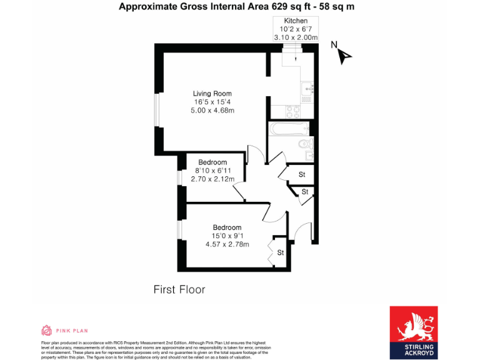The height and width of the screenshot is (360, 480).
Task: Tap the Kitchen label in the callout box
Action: (x=296, y=21)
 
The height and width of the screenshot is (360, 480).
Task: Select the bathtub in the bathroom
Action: (x=289, y=129)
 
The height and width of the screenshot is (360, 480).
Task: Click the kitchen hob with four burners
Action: (x=291, y=112)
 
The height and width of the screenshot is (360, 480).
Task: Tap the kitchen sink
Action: (x=307, y=89)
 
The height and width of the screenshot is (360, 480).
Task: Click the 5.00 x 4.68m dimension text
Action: (x=212, y=111)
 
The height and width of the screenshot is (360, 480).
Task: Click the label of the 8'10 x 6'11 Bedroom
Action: (x=212, y=162)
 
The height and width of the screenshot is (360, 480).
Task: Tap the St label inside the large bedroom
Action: (x=281, y=252)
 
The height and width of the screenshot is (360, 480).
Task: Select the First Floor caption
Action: (x=179, y=289)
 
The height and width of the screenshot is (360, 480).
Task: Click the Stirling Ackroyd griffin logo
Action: (x=414, y=323)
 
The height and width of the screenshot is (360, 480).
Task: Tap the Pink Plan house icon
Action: (x=46, y=331)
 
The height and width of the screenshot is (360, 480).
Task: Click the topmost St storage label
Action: (x=301, y=174)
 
